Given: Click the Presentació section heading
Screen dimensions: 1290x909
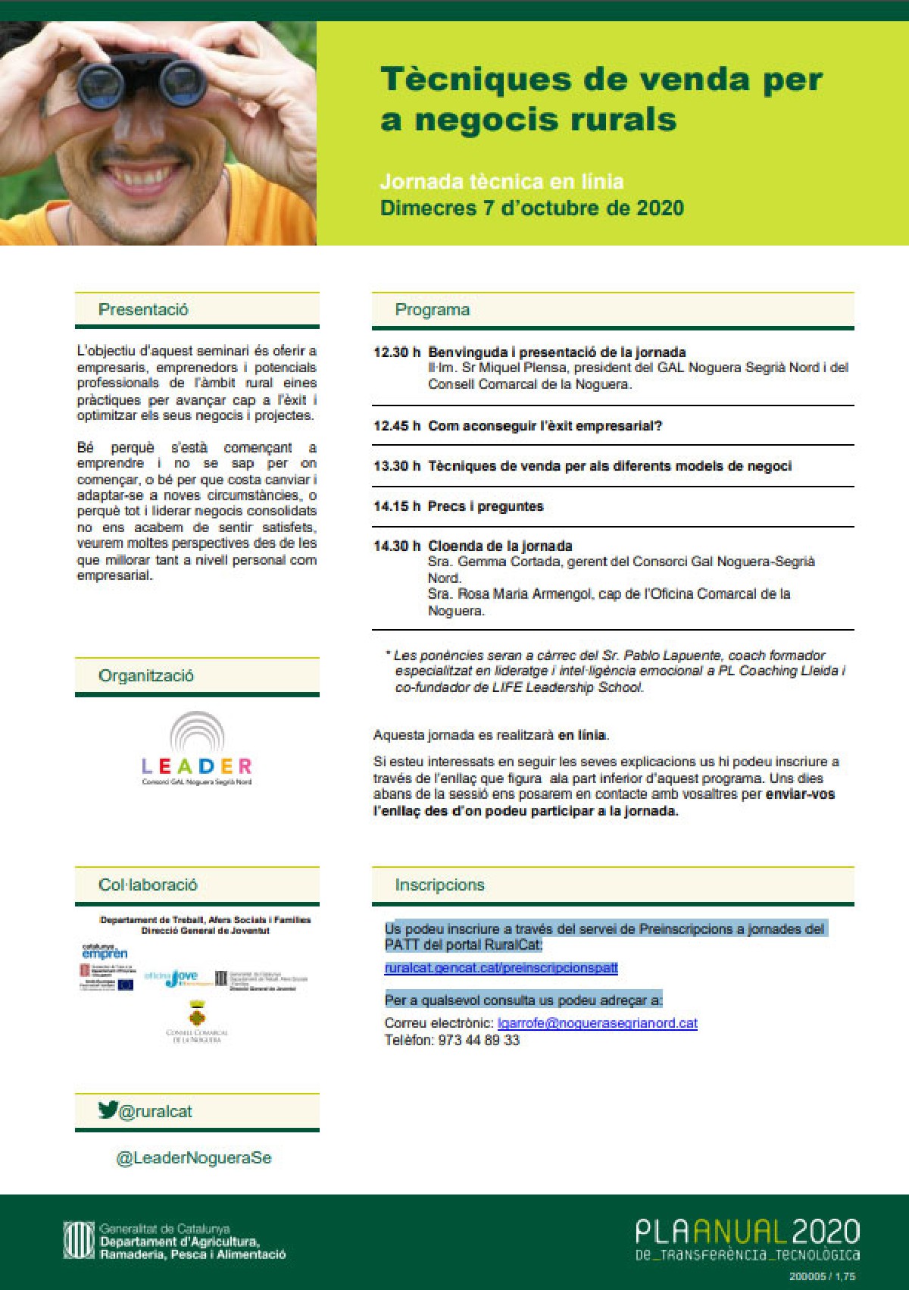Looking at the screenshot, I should click(143, 309).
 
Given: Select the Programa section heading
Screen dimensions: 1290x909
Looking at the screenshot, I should click(432, 309).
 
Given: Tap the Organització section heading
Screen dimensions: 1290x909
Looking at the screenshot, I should click(146, 675).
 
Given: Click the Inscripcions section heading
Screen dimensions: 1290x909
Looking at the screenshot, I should click(439, 885).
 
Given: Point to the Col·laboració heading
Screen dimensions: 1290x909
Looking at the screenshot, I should click(148, 885).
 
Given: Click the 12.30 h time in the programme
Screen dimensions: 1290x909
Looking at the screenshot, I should click(396, 352).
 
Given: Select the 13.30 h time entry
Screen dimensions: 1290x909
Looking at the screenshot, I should click(396, 466).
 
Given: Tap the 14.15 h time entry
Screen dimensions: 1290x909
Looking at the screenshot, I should click(396, 506).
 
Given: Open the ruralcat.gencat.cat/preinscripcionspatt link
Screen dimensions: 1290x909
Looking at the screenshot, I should click(501, 968).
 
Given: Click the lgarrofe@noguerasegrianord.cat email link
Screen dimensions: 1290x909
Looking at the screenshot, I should click(597, 1023).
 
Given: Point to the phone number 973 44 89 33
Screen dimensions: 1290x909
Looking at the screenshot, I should click(479, 1040).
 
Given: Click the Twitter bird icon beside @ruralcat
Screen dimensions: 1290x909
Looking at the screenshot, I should click(108, 1110).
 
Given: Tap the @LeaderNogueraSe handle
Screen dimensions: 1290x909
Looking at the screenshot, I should click(193, 1158).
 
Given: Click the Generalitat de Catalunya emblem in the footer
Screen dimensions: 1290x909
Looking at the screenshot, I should click(79, 1240).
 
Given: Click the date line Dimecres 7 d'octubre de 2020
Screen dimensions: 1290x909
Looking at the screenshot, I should click(532, 208).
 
